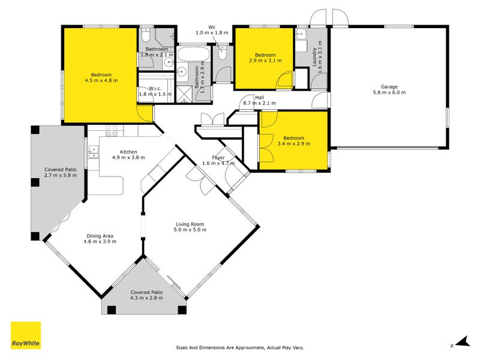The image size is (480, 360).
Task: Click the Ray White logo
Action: pos(26,335)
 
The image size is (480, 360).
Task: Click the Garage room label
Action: pos(389,87)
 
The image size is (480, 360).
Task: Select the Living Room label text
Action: pos(190,224)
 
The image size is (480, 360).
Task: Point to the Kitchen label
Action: pos(128,152)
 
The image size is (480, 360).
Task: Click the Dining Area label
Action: pos(100,236)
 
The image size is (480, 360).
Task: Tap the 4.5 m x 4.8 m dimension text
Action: pos(101,80)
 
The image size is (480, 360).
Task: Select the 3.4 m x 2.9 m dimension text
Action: pos(293,143)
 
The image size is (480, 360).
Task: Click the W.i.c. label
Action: pos(155,88)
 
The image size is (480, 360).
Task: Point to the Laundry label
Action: pos(314,57)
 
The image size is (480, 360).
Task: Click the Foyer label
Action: pos(218,158)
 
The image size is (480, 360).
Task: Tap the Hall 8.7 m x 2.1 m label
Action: pos(259,100)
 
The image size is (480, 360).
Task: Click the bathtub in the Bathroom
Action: pos(193,54)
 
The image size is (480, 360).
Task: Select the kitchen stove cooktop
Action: pos(112,131)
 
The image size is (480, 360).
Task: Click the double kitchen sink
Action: pos(94,152)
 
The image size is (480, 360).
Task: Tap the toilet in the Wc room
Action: pos(222,53)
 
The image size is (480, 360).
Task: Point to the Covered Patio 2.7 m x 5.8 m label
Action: pos(61,172)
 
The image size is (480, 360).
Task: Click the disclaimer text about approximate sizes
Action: pos(239,347)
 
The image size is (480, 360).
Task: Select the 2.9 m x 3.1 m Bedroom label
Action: pos(265,58)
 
